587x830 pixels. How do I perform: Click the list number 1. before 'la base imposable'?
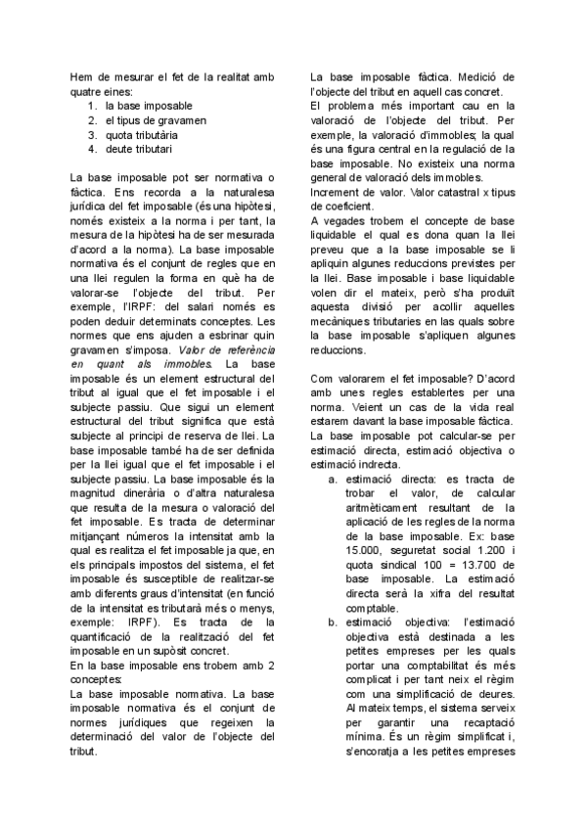[x=92, y=105]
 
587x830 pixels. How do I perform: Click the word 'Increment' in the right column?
[x=335, y=193]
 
